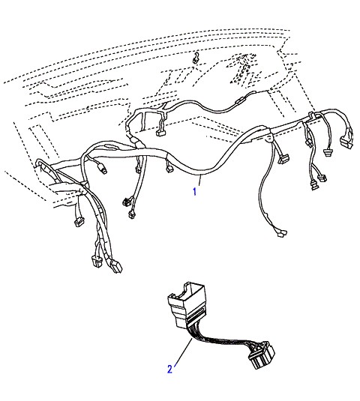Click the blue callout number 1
(x=195, y=191)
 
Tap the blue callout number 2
(x=169, y=370)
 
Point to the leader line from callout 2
(x=183, y=352)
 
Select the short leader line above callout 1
(x=200, y=180)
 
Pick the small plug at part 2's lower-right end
(x=261, y=355)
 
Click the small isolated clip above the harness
(x=196, y=58)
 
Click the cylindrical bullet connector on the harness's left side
(x=103, y=169)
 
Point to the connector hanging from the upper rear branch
(x=160, y=133)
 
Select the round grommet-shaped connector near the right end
(x=328, y=153)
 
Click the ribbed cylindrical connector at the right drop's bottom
(x=314, y=185)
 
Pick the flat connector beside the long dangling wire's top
(x=284, y=159)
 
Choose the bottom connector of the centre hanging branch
(x=132, y=215)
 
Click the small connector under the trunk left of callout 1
(x=169, y=169)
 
